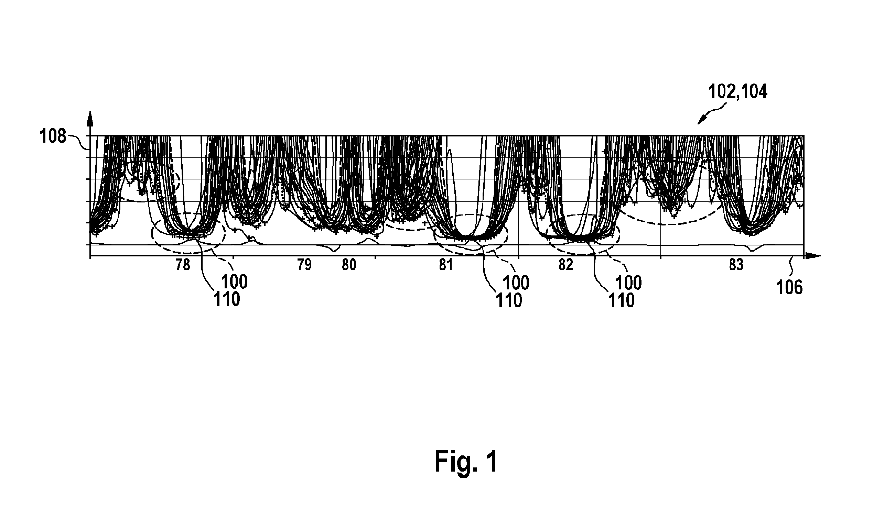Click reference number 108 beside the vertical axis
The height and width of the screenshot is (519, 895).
click(x=53, y=137)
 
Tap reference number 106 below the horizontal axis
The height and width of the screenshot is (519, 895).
click(x=789, y=288)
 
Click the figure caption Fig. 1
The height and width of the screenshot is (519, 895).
click(x=466, y=461)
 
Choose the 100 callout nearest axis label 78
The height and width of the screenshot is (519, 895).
click(x=234, y=282)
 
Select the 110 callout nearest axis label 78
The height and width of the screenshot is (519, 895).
click(x=227, y=300)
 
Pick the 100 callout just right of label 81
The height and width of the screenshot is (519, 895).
click(x=516, y=283)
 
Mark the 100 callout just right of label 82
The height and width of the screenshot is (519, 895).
click(x=629, y=283)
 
